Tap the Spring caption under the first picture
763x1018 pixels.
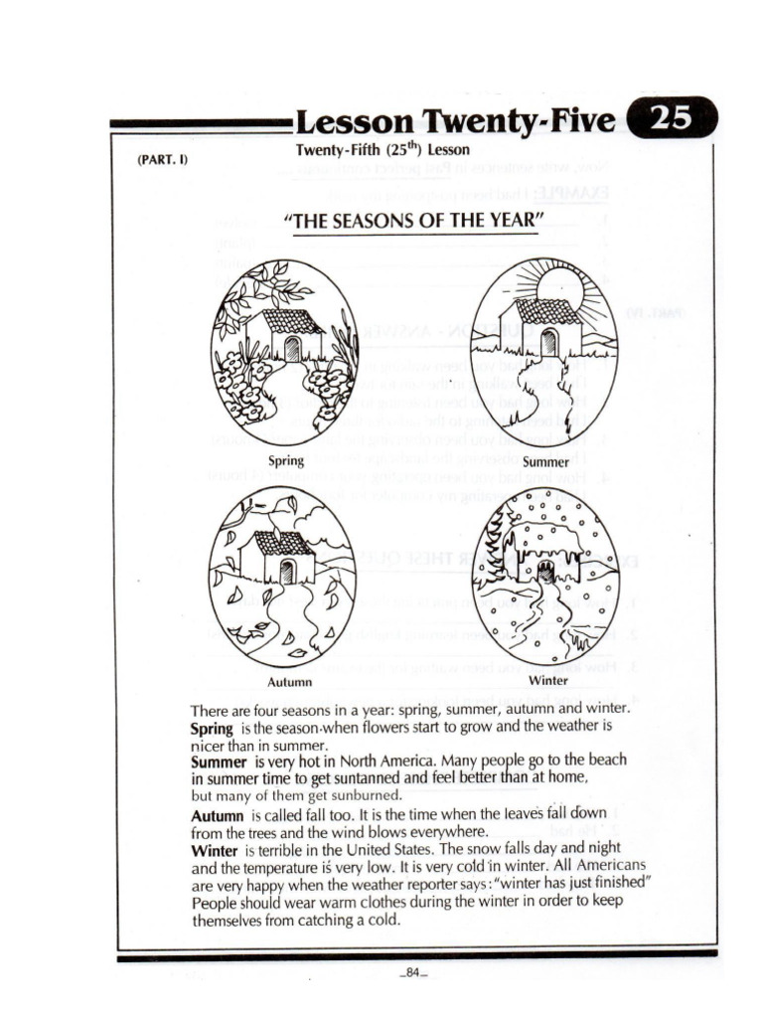pos(286,460)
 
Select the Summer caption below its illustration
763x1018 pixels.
pos(545,462)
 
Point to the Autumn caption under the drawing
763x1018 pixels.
pos(290,682)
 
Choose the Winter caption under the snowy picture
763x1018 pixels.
pos(548,681)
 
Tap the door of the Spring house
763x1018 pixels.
pos(291,348)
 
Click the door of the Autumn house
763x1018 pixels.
pos(288,571)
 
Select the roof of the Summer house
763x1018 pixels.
pos(547,311)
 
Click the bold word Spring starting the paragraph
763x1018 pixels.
pos(211,729)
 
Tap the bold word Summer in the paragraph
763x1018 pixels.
pos(217,763)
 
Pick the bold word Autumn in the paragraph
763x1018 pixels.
pos(216,814)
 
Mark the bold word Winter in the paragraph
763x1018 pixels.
pos(213,850)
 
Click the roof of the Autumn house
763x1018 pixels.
pos(283,542)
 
